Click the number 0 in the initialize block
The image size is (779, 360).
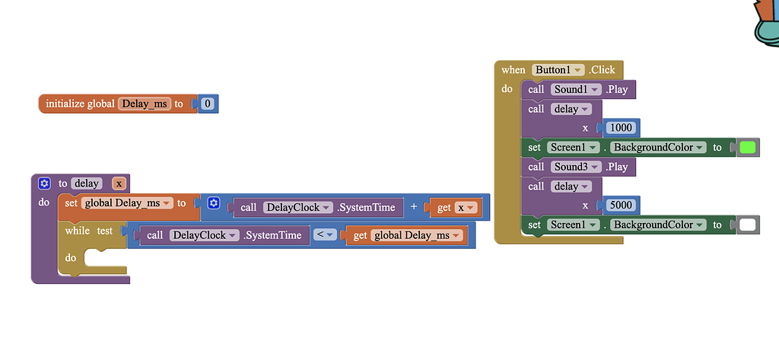(x=208, y=104)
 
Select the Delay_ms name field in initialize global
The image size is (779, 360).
(x=145, y=104)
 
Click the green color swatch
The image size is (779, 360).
(x=747, y=148)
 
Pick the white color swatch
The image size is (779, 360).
(x=747, y=225)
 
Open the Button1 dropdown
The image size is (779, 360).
(x=558, y=70)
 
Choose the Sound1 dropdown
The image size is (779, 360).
(x=575, y=90)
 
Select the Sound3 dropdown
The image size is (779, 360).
(x=575, y=167)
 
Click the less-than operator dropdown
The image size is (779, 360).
(x=326, y=235)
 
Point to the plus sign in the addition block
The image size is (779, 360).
(x=414, y=207)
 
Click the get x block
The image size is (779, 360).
(x=455, y=208)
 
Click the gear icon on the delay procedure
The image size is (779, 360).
(x=44, y=183)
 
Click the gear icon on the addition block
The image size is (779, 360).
(x=214, y=203)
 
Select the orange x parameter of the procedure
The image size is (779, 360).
(x=119, y=183)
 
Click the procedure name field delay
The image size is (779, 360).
(x=87, y=183)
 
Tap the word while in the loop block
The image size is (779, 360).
(x=77, y=231)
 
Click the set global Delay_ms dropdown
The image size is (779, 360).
(x=126, y=203)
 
